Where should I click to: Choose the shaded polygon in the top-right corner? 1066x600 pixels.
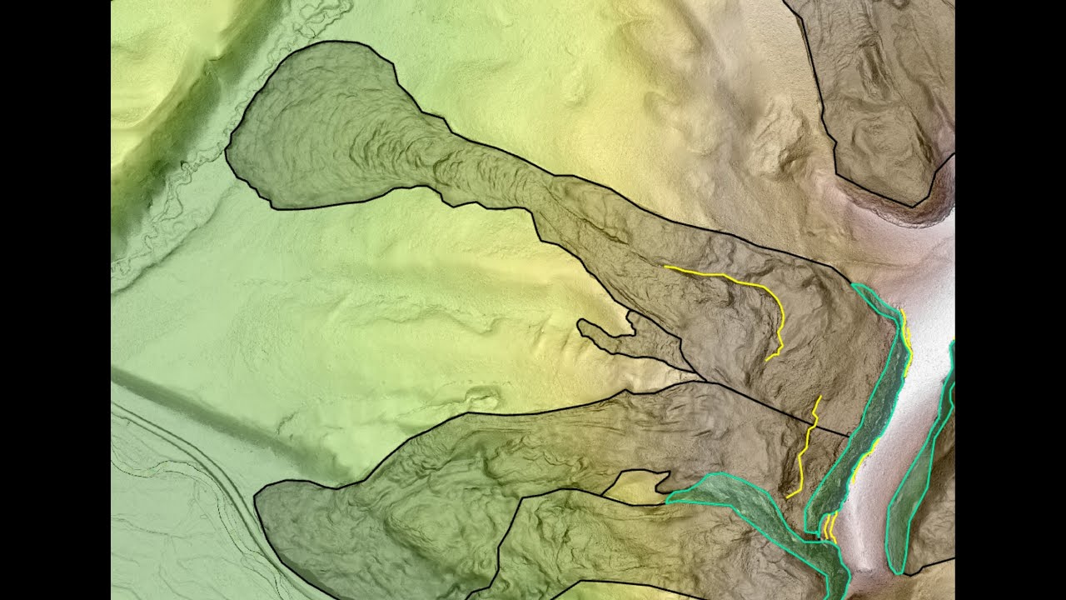(x=883, y=92)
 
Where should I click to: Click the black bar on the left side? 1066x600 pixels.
(x=55, y=300)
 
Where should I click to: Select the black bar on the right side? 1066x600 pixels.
(x=1010, y=300)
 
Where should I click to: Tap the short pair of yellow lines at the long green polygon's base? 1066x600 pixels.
(x=829, y=527)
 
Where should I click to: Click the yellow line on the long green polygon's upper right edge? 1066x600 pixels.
(x=906, y=333)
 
